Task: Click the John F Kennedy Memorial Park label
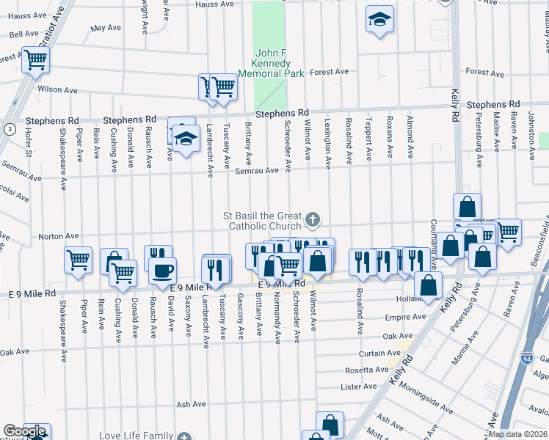[x=279, y=63]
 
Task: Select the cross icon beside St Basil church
[x=313, y=219]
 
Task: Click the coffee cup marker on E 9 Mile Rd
[x=162, y=271]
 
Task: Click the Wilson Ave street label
[x=58, y=90]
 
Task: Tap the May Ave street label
[x=105, y=29]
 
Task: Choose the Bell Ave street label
[x=23, y=34]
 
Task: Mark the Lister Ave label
[x=358, y=386]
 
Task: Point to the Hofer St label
[x=29, y=142]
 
